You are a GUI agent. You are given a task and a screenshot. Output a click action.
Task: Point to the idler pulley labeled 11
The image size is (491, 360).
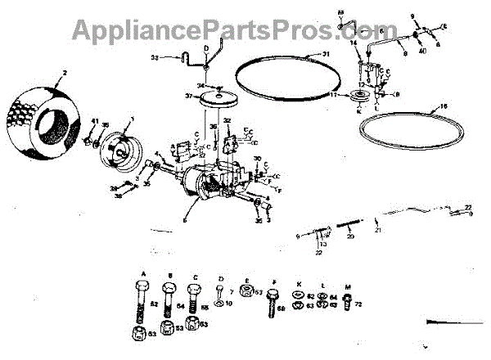pos(358,100)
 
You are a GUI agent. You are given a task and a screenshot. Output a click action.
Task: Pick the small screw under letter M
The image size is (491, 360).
pos(347,304)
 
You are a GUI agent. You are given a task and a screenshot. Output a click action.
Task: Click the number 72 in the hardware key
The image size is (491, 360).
pos(359,304)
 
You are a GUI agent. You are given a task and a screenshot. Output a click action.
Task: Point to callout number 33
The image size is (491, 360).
pos(155,58)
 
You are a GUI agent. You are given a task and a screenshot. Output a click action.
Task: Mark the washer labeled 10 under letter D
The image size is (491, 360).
pos(221,304)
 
